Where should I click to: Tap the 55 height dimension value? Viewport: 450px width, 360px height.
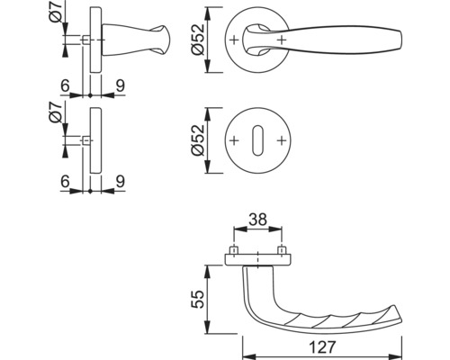click(x=197, y=300)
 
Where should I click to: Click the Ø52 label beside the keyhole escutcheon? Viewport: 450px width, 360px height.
click(x=197, y=141)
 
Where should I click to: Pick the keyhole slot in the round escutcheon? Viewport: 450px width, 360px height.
click(x=258, y=142)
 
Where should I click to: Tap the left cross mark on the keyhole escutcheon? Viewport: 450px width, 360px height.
click(x=234, y=142)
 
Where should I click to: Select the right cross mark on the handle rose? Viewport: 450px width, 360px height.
click(x=283, y=41)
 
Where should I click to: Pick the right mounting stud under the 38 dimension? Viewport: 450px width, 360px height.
click(x=282, y=250)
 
